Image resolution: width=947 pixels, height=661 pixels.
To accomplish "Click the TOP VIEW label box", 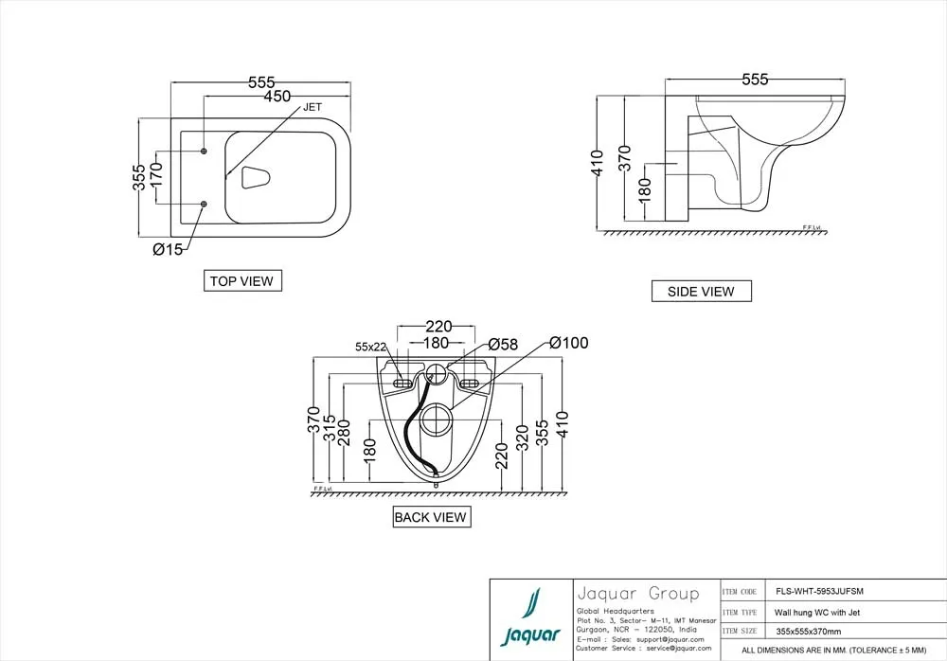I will coord(242,280).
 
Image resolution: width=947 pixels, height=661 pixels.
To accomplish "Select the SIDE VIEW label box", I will coord(701,292).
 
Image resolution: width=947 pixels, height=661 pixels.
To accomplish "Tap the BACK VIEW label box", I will coord(431,517).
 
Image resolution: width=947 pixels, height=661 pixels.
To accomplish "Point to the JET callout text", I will coord(313,108).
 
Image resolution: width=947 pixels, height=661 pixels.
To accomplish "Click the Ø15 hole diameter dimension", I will coord(168,250).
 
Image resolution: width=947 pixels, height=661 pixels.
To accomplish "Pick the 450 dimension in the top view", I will coord(277,97).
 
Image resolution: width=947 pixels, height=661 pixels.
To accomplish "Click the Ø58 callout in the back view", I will coord(503,345).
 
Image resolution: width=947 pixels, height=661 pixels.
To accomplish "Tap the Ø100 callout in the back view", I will coord(568,342).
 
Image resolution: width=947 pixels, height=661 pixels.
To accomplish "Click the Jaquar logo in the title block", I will coord(530,616).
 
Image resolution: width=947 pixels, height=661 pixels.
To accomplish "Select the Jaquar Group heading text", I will coord(637,594).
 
